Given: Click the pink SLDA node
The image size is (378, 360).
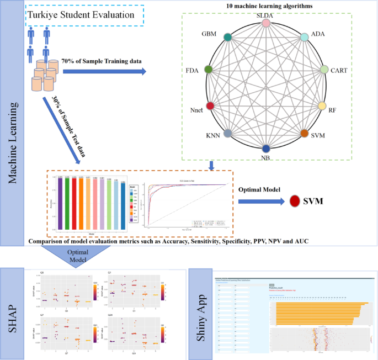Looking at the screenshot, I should coord(266,23).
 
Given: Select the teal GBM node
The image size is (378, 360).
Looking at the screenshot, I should coord(227,38).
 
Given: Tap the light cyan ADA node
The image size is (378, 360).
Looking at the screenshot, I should coord(304,38).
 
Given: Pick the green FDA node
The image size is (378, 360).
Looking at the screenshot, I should coord(209,70).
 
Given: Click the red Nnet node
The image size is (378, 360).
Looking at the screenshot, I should coord(210,105).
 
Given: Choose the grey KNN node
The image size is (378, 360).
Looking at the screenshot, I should coord(227,134).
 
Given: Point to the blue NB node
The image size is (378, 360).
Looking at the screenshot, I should coord(266,148).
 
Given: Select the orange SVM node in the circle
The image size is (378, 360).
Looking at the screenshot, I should coord(304,134).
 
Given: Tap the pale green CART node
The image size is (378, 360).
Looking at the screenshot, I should coord(324,70).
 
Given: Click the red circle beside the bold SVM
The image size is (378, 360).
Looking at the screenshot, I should coord(295,202).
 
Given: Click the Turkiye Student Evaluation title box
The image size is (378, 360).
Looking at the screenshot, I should coord(85,15).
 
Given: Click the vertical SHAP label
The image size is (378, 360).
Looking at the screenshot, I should coord(14,312).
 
